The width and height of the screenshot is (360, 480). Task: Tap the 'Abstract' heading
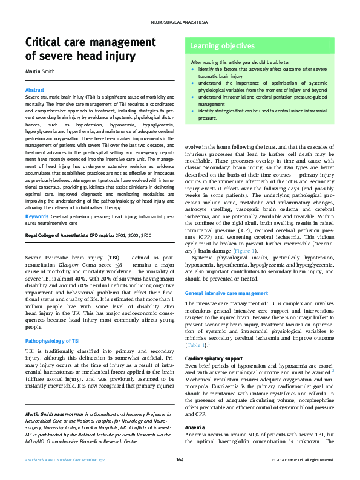[34, 90]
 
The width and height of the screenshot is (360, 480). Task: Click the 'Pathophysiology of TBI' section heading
[53, 341]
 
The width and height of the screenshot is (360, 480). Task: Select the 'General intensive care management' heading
[226, 293]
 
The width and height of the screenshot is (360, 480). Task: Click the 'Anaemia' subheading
[195, 427]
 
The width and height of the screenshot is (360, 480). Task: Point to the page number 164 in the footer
[180, 460]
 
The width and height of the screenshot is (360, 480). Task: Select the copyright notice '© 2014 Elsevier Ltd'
[303, 460]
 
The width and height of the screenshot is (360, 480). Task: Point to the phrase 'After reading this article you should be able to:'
[240, 62]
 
